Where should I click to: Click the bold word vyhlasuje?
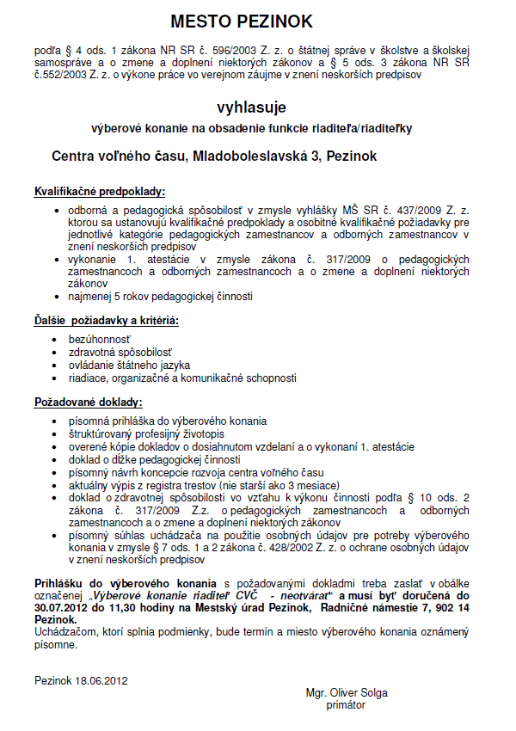pyautogui.click(x=252, y=107)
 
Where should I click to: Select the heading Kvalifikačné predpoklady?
pyautogui.click(x=100, y=191)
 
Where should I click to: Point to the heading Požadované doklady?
pyautogui.click(x=89, y=402)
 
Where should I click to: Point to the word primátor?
pyautogui.click(x=346, y=705)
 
